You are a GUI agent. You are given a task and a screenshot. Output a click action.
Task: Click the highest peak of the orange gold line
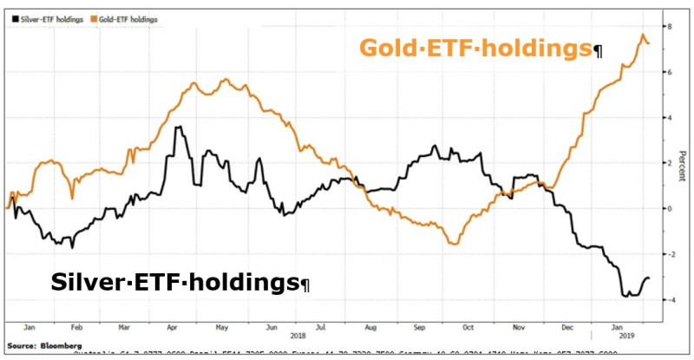coord(644,36)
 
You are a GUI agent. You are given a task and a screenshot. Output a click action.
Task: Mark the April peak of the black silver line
coord(177,128)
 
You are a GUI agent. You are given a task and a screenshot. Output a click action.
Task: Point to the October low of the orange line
coord(455,244)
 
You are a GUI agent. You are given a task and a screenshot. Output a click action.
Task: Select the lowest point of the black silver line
coord(625,297)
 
